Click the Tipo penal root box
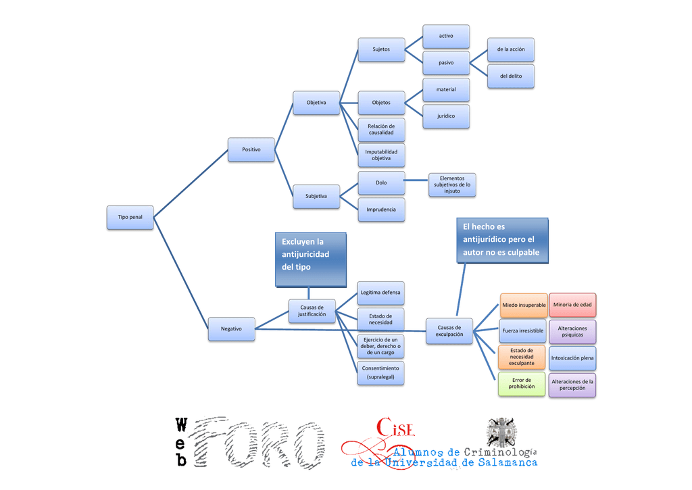pyautogui.click(x=130, y=217)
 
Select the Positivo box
pyautogui.click(x=251, y=149)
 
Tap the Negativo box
pyautogui.click(x=231, y=329)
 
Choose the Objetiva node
pyautogui.click(x=316, y=103)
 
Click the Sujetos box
pyautogui.click(x=381, y=49)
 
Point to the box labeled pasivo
pyautogui.click(x=446, y=63)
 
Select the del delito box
pyautogui.click(x=511, y=76)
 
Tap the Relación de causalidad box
pyautogui.click(x=381, y=129)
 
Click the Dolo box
pyautogui.click(x=381, y=182)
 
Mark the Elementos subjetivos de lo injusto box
pyautogui.click(x=452, y=185)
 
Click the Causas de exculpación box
pyautogui.click(x=449, y=331)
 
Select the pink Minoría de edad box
pyautogui.click(x=572, y=305)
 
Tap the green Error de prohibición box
pyautogui.click(x=522, y=384)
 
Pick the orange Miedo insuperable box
pyautogui.click(x=524, y=305)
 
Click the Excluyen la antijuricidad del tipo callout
pyautogui.click(x=311, y=260)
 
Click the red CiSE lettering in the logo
pyautogui.click(x=395, y=428)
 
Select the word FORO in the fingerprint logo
pyautogui.click(x=260, y=442)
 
